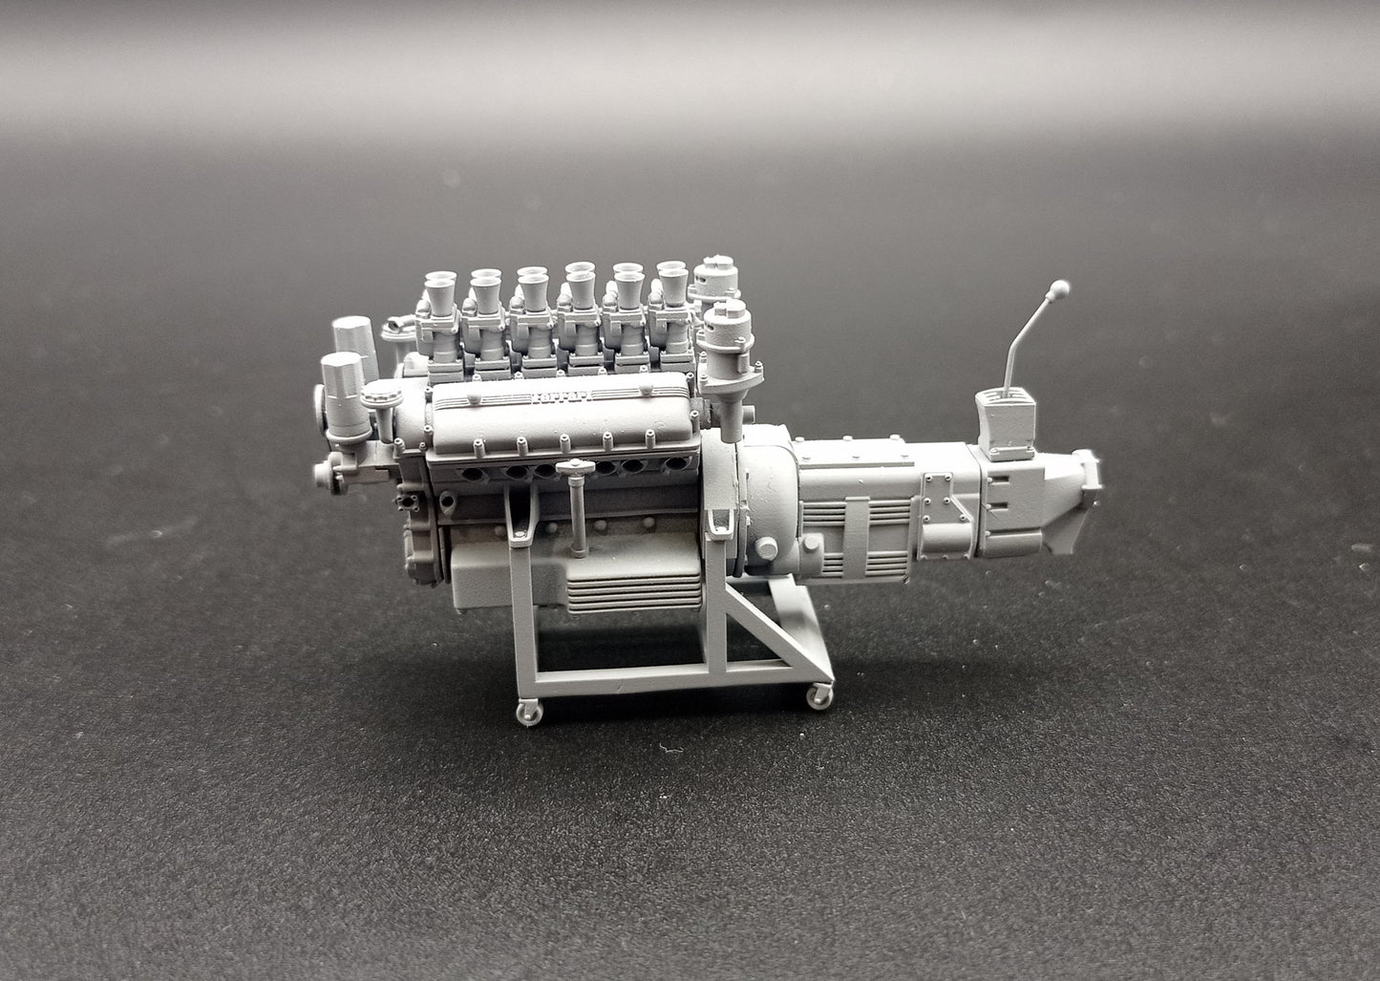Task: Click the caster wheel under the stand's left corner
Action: pos(529,712)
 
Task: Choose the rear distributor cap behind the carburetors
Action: pos(714,277)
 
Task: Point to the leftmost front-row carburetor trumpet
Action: pos(440,288)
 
